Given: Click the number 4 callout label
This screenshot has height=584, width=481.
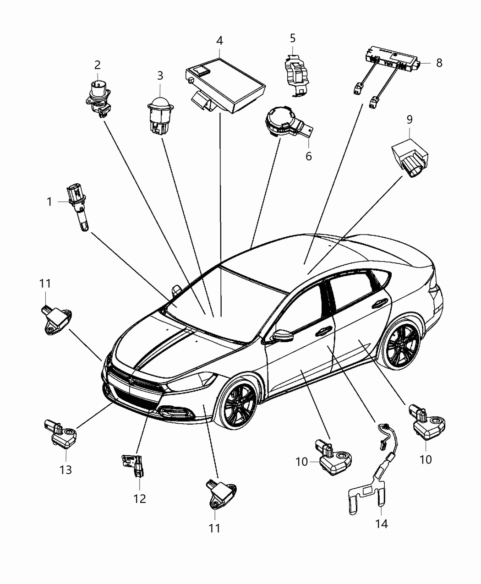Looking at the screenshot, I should tap(219, 40).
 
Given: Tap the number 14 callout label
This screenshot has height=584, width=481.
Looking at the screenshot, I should tap(381, 523).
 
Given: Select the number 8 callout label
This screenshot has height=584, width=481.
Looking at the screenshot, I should tap(439, 63).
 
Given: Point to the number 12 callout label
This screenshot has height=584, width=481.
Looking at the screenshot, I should tap(140, 498).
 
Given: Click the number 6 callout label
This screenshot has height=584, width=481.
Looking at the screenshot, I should tap(308, 156).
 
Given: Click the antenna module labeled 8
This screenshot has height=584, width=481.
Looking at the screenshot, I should tap(392, 59).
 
